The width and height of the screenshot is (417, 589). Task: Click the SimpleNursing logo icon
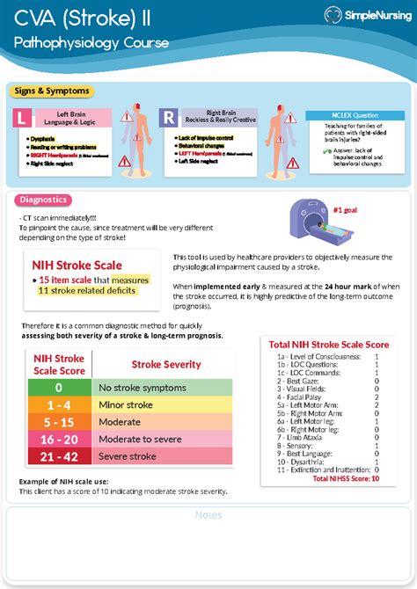(334, 14)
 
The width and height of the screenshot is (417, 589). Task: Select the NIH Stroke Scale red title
(77, 265)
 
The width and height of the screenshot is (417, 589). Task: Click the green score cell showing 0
(58, 387)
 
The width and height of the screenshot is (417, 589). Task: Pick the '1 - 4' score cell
(58, 404)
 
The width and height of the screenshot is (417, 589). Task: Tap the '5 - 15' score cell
(58, 422)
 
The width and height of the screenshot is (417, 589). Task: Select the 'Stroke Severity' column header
(165, 364)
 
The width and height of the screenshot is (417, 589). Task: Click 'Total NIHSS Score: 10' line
(346, 479)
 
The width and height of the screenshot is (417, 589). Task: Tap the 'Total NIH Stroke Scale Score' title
(329, 345)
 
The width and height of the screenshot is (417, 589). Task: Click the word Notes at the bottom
(208, 515)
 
